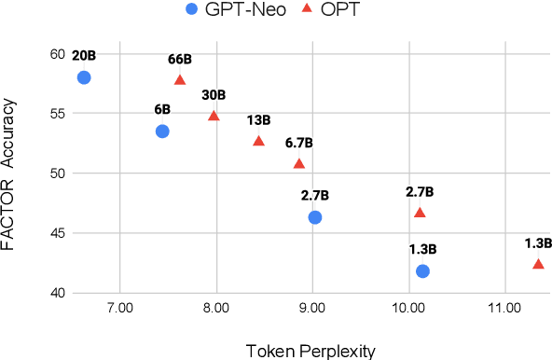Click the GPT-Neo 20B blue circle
coord(84,77)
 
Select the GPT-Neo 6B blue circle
coord(162,132)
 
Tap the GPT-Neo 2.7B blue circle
coord(315,217)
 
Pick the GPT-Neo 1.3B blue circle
coord(422,270)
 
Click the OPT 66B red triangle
coord(180,80)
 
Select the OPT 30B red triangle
coord(214,116)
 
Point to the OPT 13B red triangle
coord(258,141)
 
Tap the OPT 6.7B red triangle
coord(299,164)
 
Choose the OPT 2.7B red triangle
coord(420,213)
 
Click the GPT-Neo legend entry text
coord(244,11)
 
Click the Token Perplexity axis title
coord(310,351)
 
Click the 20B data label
coord(84,55)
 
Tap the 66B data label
coord(180,59)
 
